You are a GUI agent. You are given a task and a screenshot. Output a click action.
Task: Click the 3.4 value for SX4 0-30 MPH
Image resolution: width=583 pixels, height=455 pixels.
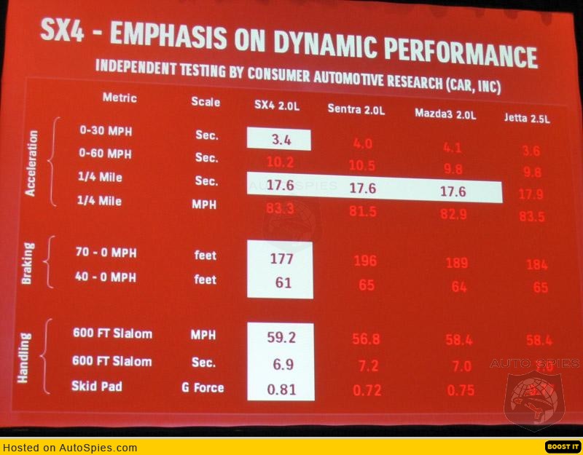point(279,139)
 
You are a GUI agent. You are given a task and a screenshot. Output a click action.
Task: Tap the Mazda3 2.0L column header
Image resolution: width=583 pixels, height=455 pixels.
point(444,113)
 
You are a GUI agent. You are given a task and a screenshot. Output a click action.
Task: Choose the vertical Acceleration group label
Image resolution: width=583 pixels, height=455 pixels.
point(31,165)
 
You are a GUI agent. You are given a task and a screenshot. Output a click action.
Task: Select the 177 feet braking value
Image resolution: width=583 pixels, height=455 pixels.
point(281,258)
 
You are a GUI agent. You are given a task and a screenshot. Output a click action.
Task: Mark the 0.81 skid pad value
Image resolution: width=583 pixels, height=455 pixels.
point(281,389)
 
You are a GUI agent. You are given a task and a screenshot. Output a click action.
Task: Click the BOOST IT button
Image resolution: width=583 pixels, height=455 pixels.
point(563,446)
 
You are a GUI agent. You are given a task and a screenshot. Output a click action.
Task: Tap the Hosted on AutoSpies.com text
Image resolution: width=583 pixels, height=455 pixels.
point(70,448)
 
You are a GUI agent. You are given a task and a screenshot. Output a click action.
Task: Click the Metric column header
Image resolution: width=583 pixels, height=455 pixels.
point(120,98)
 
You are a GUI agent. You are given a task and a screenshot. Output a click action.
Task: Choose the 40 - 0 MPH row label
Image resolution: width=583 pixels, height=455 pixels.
point(106,277)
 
